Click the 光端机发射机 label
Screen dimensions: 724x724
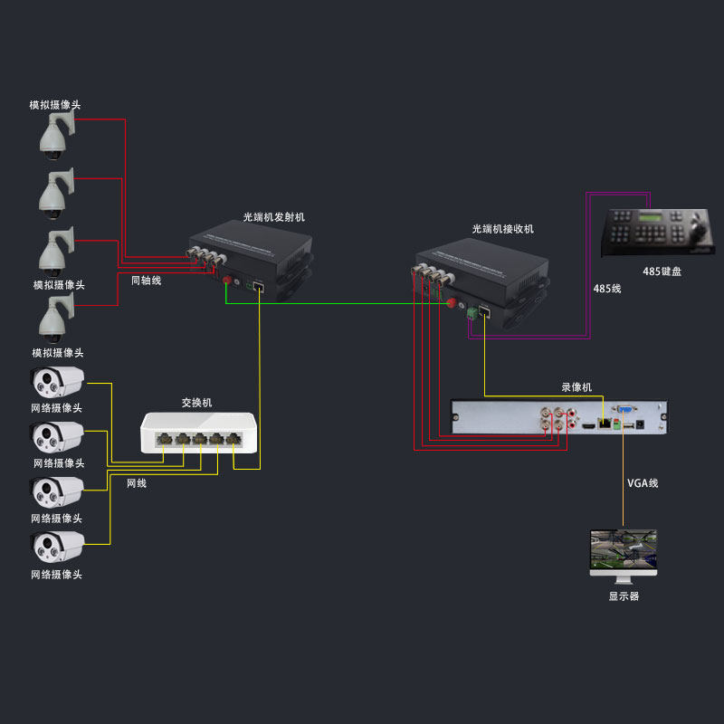274,217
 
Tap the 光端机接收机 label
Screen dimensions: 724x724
503,229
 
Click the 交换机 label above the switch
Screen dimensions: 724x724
196,403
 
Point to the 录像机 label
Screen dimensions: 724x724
576,387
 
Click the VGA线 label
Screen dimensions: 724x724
643,483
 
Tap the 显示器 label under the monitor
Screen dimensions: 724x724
624,596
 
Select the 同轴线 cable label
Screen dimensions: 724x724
146,281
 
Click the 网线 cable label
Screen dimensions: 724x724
136,483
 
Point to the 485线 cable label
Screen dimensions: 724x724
607,289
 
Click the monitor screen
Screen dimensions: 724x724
623,551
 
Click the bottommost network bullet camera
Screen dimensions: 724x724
58,546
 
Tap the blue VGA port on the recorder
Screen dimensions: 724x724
624,413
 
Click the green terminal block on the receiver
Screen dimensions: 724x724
472,313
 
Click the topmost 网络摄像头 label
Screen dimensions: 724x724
57,408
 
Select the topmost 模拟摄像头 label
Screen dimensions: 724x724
54,105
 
